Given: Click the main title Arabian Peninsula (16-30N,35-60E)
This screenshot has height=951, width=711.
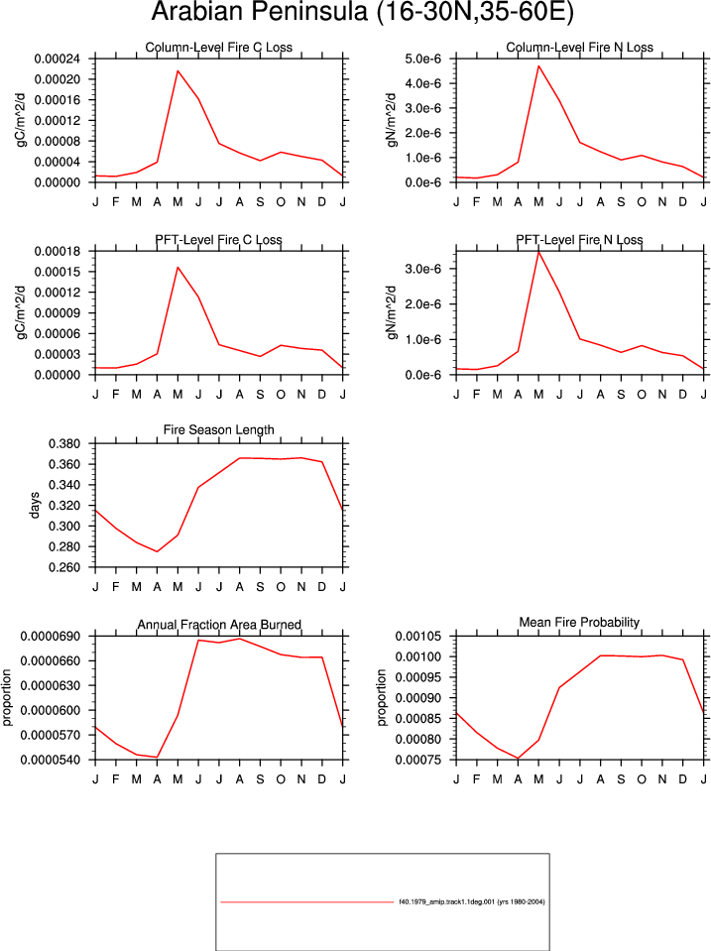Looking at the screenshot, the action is [x=362, y=12].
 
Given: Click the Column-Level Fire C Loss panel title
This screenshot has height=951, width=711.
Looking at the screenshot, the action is [x=218, y=48].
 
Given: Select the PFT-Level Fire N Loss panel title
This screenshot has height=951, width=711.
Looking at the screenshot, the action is [x=579, y=240].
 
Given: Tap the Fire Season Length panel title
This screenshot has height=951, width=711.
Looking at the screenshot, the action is [x=218, y=430].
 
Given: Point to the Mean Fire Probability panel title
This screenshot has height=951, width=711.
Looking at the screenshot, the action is [x=579, y=623].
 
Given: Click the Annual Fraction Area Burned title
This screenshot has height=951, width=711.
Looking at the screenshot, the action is [x=219, y=625].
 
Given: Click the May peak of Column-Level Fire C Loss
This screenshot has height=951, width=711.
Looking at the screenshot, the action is [x=178, y=71].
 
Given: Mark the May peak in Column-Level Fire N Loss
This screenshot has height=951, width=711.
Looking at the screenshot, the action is [x=538, y=65].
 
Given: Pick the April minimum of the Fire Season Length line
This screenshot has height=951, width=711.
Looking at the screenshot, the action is [x=157, y=551].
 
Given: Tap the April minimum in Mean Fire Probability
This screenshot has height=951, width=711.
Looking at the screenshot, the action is [x=518, y=759].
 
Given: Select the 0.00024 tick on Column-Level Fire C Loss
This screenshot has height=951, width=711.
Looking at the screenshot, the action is [x=58, y=59].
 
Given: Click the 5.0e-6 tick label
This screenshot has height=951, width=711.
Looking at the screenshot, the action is [x=422, y=59].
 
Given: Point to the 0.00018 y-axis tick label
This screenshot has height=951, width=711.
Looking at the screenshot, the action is [x=58, y=251].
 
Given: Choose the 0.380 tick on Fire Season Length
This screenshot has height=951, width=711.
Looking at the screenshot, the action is [x=64, y=444].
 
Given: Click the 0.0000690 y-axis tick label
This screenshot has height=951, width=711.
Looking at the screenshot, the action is [x=51, y=637].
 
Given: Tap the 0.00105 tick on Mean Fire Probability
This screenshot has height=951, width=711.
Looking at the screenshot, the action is [x=418, y=637].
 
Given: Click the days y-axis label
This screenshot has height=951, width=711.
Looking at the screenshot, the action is [x=34, y=505].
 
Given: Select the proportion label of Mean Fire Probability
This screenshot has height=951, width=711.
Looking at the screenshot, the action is [x=381, y=697].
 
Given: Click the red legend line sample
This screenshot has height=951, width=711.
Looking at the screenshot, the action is [x=307, y=902].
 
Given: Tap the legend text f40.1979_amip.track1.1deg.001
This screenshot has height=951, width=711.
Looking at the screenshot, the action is [x=446, y=901].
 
